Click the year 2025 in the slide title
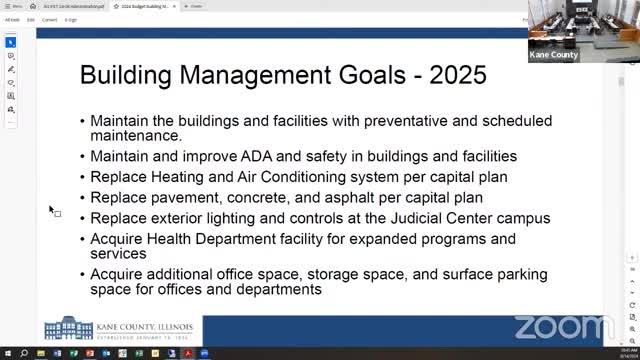(456, 75)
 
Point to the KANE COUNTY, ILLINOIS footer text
(146, 325)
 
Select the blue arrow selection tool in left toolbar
(11, 43)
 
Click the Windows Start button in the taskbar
(6, 354)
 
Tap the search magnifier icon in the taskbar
(22, 354)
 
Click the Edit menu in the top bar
(31, 19)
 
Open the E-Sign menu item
(71, 19)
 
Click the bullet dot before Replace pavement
(82, 198)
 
